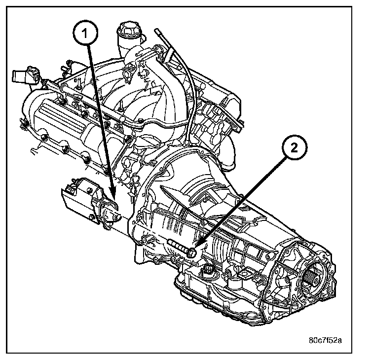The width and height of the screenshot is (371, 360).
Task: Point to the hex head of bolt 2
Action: [192, 252]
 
